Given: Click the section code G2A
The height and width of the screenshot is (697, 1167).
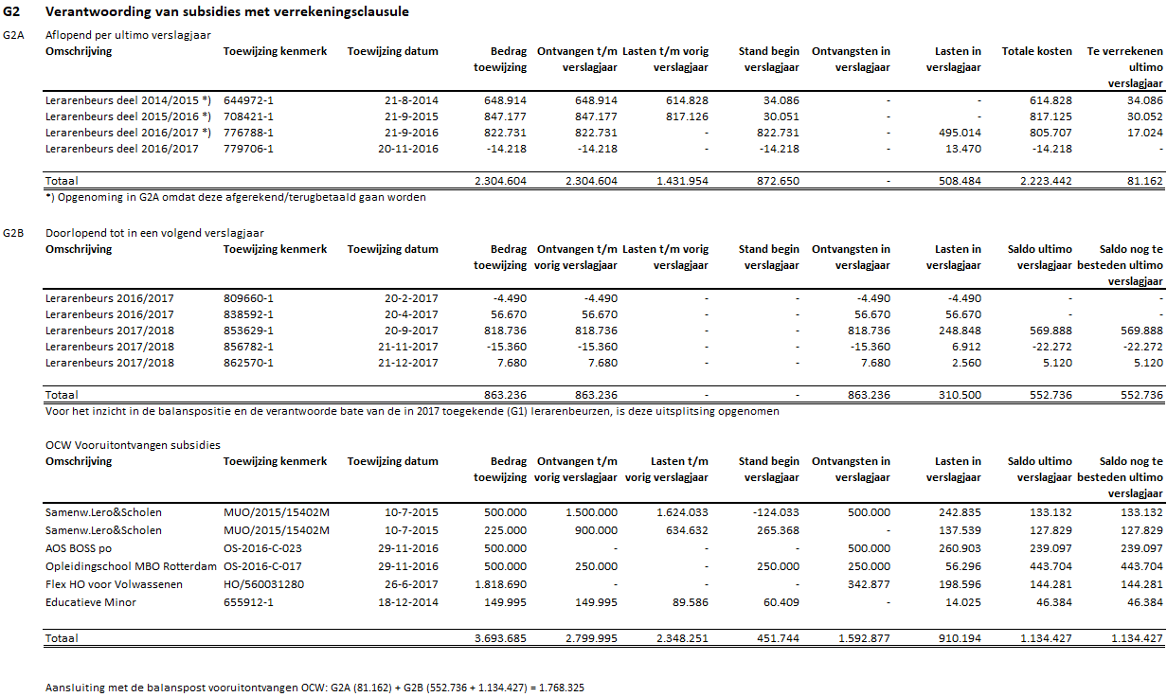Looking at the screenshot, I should [x=13, y=35].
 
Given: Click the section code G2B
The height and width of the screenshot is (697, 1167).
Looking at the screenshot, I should [x=13, y=232].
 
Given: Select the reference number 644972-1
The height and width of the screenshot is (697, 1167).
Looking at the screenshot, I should [x=248, y=99].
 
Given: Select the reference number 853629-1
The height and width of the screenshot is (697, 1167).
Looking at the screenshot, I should [x=248, y=331].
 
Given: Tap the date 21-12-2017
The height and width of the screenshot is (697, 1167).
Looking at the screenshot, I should [x=411, y=363].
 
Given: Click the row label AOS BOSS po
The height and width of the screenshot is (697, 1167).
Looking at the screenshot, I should [x=78, y=547].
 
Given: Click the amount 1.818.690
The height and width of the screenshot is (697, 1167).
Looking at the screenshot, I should [x=500, y=583].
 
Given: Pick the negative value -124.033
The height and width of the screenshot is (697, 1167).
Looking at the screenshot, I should [x=774, y=512].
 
